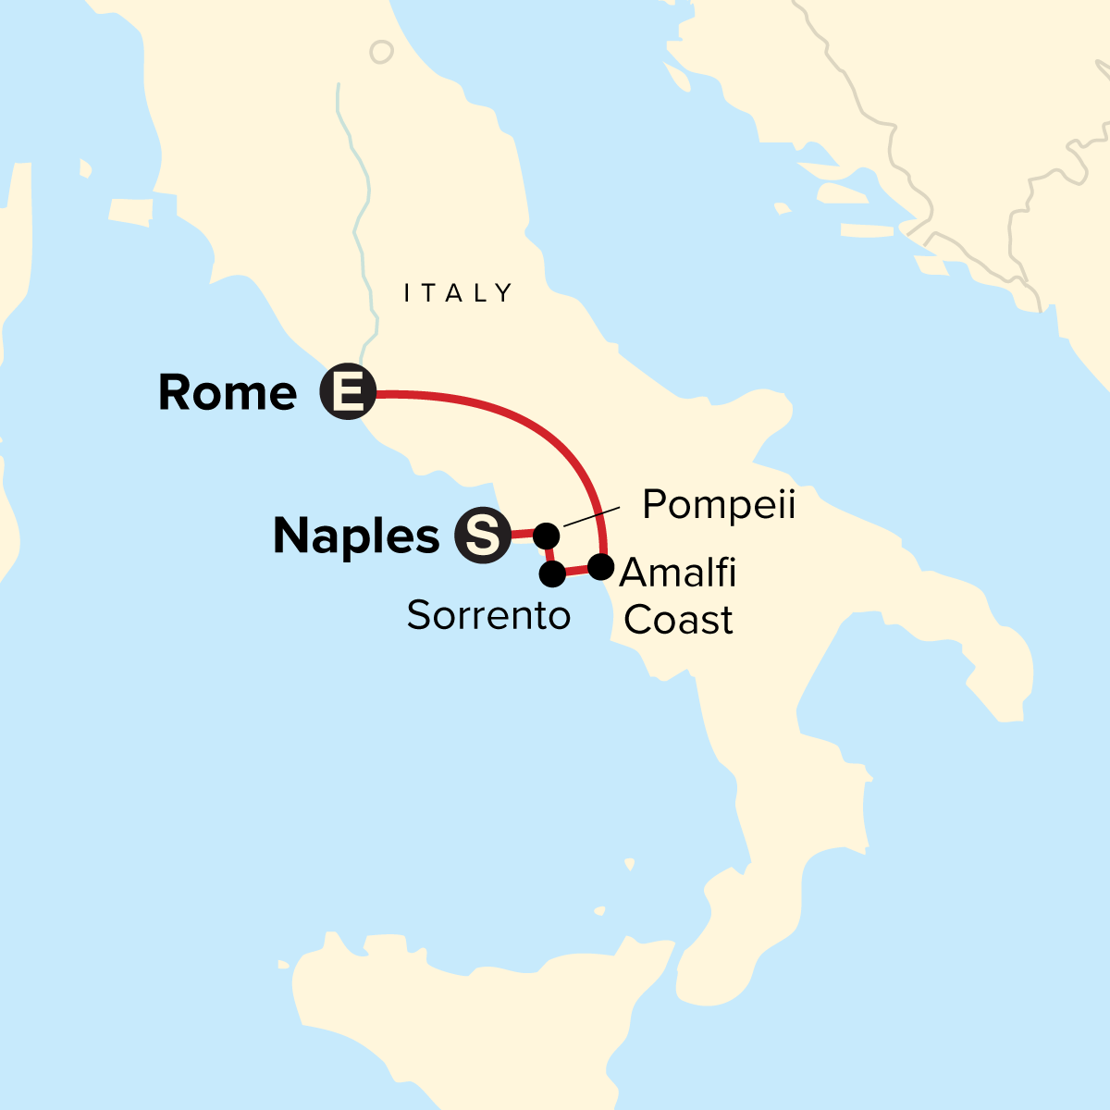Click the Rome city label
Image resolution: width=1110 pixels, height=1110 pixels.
click(x=228, y=393)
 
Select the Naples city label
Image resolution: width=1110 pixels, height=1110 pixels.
click(x=356, y=536)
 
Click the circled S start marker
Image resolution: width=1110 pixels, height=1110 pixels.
click(x=483, y=536)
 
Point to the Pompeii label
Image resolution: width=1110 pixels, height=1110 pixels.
click(x=719, y=505)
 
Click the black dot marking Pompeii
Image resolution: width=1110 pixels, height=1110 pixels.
click(x=547, y=535)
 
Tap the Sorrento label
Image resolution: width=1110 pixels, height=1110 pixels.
click(x=488, y=615)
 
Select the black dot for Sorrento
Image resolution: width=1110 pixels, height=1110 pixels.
click(x=552, y=574)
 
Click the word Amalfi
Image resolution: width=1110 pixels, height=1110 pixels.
click(x=678, y=573)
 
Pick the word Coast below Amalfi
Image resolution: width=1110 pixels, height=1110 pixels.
click(x=678, y=620)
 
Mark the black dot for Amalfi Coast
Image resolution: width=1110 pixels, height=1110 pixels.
click(x=601, y=566)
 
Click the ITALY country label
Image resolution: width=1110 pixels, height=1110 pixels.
click(x=458, y=293)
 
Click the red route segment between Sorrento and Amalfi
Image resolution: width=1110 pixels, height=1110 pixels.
click(x=577, y=571)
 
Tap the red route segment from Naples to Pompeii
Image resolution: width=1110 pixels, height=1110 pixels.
click(x=523, y=534)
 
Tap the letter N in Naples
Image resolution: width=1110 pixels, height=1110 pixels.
click(x=291, y=536)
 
